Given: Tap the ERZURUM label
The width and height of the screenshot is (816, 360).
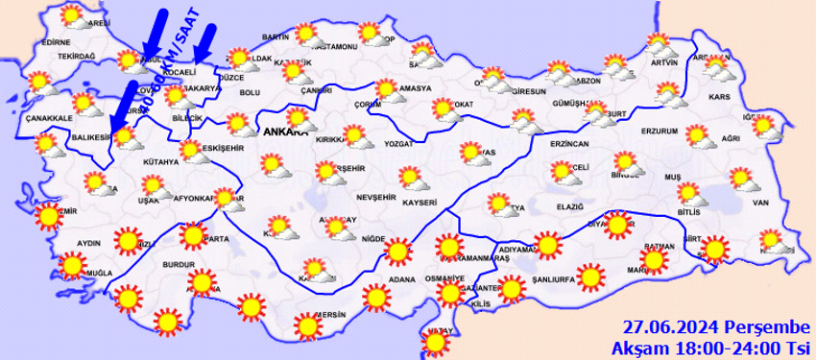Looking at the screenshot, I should (x=660, y=131).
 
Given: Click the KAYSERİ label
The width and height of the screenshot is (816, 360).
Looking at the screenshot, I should (x=420, y=203).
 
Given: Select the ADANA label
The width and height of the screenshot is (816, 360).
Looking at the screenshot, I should (x=401, y=280).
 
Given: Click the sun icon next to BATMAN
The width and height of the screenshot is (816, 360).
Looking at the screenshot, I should (x=654, y=258).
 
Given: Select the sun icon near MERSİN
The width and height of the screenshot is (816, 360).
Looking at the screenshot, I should (x=307, y=325).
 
